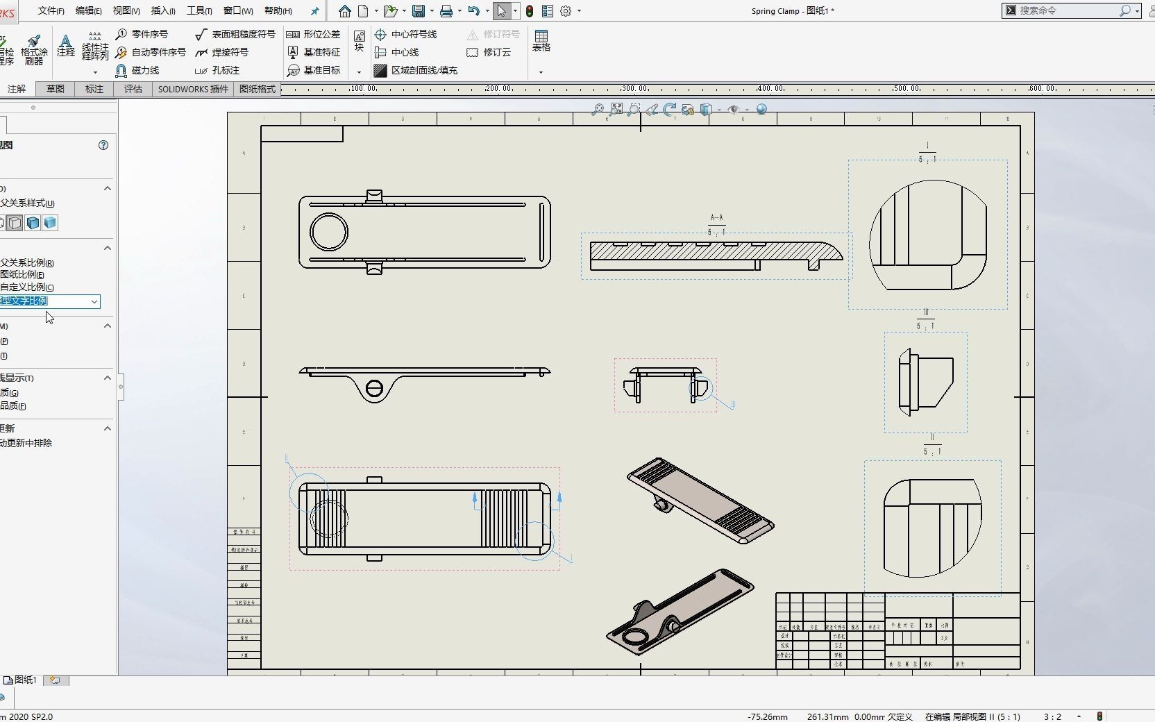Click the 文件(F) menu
[51, 10]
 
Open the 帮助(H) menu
[278, 10]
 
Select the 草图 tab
[56, 89]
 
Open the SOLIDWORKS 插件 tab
[193, 89]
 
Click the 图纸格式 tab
[258, 89]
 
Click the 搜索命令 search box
[1065, 10]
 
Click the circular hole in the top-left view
[329, 232]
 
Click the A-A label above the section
[716, 217]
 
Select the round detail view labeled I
[928, 235]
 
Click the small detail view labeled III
[925, 382]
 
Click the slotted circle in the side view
[374, 389]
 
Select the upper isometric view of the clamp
[700, 500]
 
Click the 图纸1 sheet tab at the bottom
[25, 680]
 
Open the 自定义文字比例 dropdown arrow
[94, 301]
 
